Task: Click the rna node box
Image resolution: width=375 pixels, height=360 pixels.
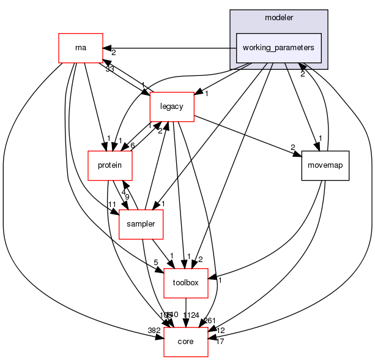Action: click(x=80, y=48)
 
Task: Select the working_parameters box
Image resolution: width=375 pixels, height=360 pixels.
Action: click(x=278, y=48)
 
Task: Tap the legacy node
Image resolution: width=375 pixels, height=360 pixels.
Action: click(x=172, y=106)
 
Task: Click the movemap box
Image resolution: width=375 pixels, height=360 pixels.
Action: click(x=325, y=165)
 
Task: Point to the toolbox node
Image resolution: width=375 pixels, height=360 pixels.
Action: click(x=186, y=283)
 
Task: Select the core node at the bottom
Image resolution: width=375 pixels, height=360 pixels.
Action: click(x=186, y=340)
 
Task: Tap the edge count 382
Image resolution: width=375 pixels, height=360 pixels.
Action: click(x=154, y=331)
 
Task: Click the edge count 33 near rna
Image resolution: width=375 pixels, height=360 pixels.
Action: click(x=110, y=69)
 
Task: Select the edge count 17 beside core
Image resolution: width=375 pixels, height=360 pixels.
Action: click(x=220, y=342)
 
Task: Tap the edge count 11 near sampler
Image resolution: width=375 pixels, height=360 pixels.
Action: click(x=112, y=204)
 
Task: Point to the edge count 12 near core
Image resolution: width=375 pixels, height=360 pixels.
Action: click(x=221, y=331)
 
